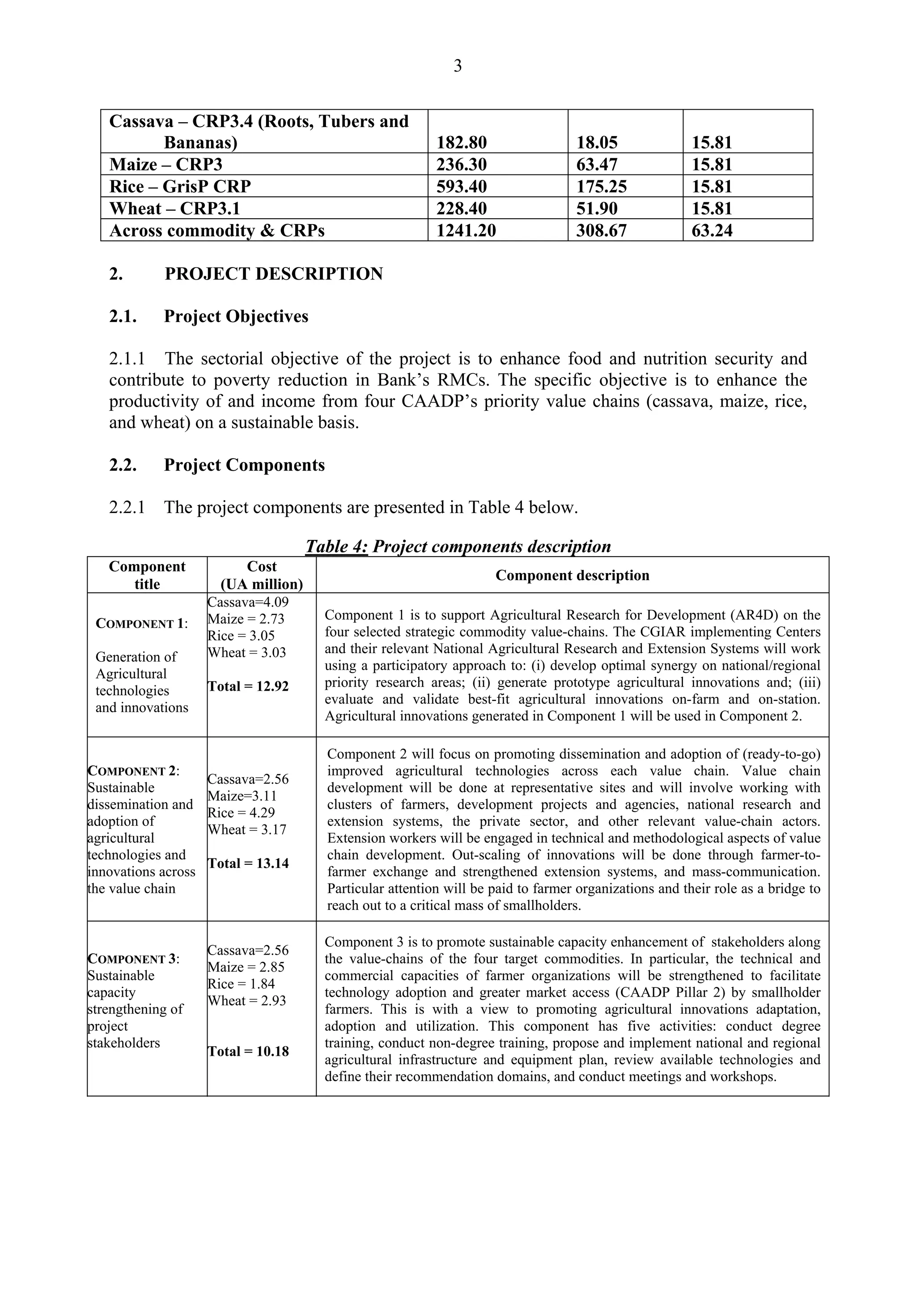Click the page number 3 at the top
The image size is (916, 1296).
click(x=457, y=67)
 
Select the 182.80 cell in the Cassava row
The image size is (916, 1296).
click(x=461, y=142)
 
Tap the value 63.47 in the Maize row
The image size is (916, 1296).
click(x=597, y=164)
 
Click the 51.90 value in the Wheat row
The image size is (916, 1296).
click(x=597, y=208)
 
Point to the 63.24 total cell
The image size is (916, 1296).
click(x=712, y=230)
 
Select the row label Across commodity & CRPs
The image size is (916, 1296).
click(x=217, y=230)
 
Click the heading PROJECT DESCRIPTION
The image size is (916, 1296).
click(x=274, y=274)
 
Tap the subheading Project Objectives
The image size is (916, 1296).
click(x=236, y=316)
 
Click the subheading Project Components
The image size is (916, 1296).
click(x=244, y=465)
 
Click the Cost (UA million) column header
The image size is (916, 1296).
click(x=261, y=575)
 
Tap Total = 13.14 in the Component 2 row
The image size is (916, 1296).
click(x=248, y=863)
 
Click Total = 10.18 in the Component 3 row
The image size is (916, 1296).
click(x=248, y=1051)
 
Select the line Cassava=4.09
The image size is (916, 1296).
click(x=248, y=602)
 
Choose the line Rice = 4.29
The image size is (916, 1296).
click(x=241, y=813)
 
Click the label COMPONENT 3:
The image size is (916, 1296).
click(x=134, y=959)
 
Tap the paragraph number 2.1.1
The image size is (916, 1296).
click(x=127, y=358)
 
